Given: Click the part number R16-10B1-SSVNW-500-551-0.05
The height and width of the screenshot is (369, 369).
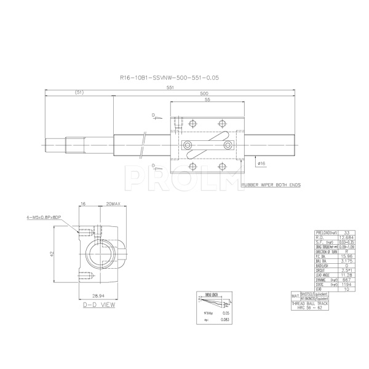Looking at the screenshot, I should (170, 78).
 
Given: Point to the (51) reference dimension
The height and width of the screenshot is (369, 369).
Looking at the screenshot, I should (79, 92).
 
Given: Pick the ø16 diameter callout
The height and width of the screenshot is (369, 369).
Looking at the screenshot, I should (261, 164).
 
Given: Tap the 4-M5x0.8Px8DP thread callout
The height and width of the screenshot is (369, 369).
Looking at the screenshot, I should (46, 217).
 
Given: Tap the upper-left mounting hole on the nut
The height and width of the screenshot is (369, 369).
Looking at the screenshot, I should (192, 122).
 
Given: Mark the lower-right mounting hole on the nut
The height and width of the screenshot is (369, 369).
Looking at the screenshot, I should (222, 167).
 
